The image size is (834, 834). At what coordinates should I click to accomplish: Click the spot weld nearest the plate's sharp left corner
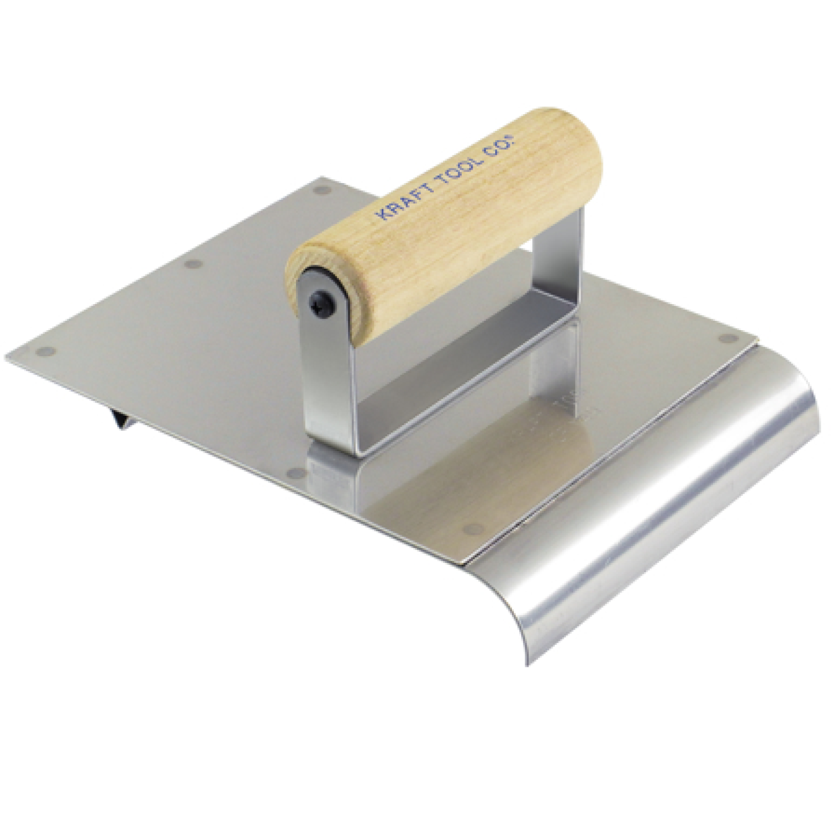click(47, 352)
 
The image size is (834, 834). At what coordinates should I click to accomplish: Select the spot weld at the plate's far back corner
click(320, 189)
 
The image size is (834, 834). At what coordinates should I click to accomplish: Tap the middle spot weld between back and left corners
click(192, 265)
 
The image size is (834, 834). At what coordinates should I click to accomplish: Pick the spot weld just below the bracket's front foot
click(297, 473)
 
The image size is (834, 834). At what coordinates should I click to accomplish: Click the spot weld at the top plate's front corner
click(473, 529)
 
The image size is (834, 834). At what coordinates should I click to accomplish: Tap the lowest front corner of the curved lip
click(528, 663)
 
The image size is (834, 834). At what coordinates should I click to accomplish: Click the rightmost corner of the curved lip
click(818, 429)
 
